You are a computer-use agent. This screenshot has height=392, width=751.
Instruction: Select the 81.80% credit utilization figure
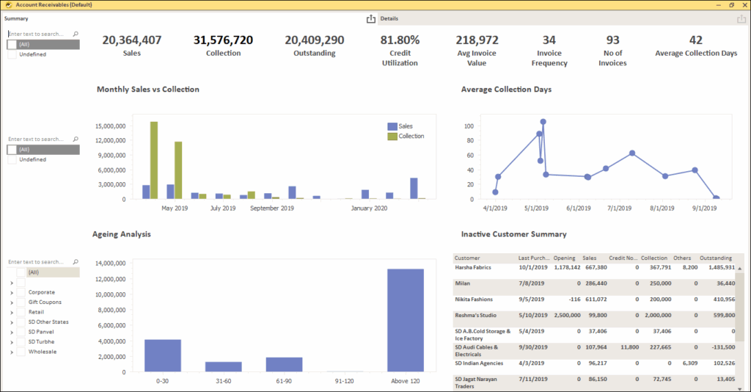[x=400, y=40]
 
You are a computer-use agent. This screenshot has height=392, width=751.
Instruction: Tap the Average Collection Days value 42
[x=696, y=40]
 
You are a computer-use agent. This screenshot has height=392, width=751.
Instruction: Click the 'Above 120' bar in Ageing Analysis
[x=406, y=320]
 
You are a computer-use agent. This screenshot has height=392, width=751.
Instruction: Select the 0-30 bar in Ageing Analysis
[x=163, y=355]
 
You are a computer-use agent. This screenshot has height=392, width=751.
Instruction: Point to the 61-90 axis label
[x=284, y=381]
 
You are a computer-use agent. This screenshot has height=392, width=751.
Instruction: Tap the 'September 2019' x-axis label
[x=271, y=208]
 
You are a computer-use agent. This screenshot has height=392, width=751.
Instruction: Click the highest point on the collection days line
[x=543, y=122]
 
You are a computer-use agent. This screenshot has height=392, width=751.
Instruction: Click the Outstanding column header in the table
[x=716, y=258]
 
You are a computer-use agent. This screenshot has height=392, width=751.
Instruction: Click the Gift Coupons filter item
[x=45, y=302]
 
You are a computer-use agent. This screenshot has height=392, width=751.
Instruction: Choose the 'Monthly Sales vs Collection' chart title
[x=147, y=90]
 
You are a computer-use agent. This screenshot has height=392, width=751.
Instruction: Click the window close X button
[x=743, y=4]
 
